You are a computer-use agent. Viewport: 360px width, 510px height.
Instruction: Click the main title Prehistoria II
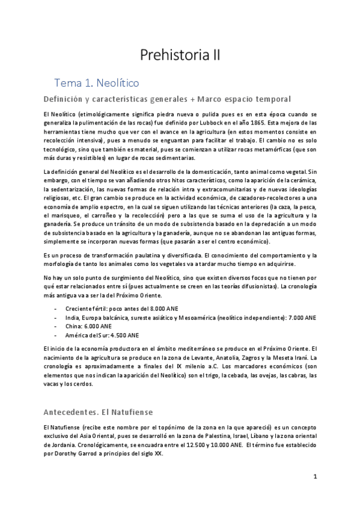(180, 56)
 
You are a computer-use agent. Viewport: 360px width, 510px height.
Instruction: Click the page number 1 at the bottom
(314, 476)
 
